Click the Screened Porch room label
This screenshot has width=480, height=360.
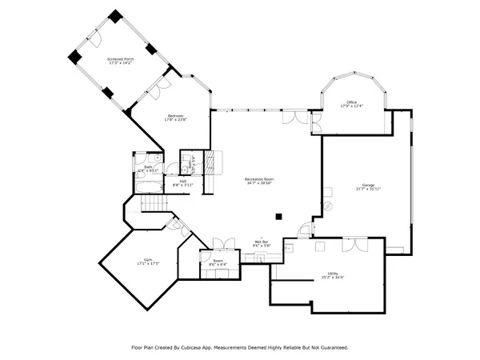(x=120, y=59)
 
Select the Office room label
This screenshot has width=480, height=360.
(x=351, y=102)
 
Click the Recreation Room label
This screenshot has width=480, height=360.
(x=259, y=179)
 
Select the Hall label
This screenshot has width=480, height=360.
(x=183, y=182)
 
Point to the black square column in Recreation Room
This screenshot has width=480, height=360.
(x=278, y=215)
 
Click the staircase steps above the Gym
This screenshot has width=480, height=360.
(x=154, y=206)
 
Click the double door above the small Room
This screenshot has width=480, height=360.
(x=222, y=242)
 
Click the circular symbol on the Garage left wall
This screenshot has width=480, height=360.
(x=326, y=206)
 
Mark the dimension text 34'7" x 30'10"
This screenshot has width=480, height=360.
(x=259, y=184)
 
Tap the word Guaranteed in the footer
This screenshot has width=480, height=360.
(x=331, y=347)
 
